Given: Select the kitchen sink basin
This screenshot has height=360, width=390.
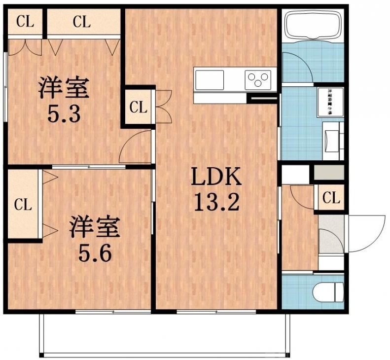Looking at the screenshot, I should pos(210,79).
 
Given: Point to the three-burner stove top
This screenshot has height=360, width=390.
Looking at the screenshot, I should pos(258,79).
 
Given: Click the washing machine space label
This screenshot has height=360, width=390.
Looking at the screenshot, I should pos(329,102).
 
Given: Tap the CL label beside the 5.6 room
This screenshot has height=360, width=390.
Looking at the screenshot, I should pos(22,204).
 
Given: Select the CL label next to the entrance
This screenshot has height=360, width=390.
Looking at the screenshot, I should pos(331,198).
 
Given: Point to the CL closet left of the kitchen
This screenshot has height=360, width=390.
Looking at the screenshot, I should pos(139,107).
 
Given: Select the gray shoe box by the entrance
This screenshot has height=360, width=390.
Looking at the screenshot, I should pos(329,173).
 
